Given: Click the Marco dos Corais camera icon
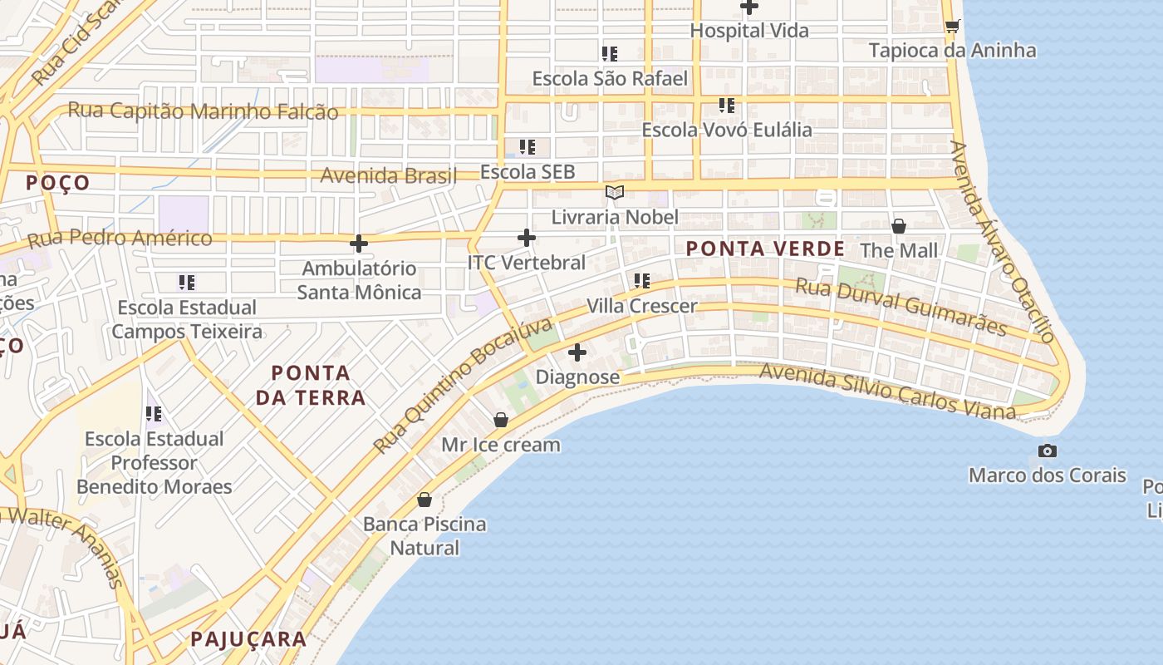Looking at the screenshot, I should click(x=1048, y=451).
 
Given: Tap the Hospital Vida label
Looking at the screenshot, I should click(x=749, y=31).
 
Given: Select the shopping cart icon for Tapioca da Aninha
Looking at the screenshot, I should click(x=952, y=26).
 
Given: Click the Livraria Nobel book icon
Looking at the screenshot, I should click(x=615, y=193).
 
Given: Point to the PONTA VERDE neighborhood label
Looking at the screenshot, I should click(x=765, y=249).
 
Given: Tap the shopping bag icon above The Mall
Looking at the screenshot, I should click(x=898, y=225).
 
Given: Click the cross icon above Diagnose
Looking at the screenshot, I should click(x=577, y=352).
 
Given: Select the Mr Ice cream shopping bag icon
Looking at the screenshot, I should click(x=500, y=420).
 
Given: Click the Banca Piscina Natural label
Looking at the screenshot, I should click(x=424, y=536).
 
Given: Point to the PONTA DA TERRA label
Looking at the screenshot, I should click(x=311, y=385).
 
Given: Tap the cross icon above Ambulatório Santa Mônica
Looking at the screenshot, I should click(x=359, y=243).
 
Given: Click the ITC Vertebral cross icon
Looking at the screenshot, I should click(x=527, y=238).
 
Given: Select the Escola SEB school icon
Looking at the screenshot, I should click(x=528, y=147).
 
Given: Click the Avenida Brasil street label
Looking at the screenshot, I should click(x=389, y=176).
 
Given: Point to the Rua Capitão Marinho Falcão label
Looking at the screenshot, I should click(x=203, y=111).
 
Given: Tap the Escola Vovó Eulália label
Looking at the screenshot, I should click(x=727, y=130).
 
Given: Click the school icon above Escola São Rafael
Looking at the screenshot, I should click(x=610, y=54).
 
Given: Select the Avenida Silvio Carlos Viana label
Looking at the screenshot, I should click(x=887, y=392).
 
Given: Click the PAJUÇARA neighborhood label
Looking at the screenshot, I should click(x=248, y=639).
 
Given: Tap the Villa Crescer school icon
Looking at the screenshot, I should click(x=641, y=281).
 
